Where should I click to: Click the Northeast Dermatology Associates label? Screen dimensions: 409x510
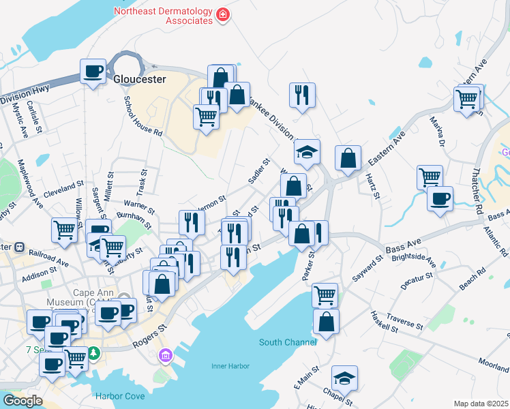point(163,16)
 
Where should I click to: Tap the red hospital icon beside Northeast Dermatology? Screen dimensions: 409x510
point(222,14)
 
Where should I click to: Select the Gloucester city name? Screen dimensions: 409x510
point(140,79)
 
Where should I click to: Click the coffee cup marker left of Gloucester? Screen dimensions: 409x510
point(93,71)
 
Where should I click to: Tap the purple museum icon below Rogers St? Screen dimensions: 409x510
point(166,355)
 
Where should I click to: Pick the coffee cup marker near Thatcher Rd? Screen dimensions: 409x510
point(440,199)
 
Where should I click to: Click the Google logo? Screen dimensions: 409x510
point(22,401)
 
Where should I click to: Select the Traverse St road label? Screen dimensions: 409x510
point(405,322)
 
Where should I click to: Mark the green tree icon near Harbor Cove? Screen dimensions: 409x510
point(95,354)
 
